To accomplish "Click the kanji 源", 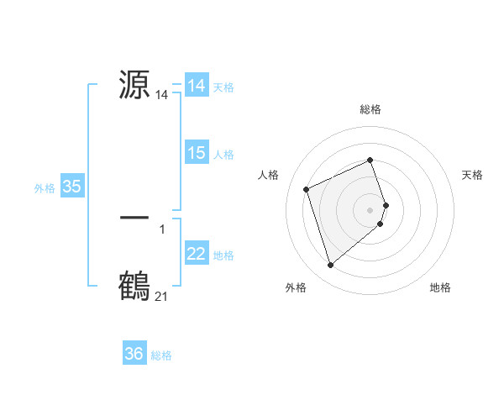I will point(134,85).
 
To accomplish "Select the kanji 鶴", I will point(134,286).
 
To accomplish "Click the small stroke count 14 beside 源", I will point(161,96).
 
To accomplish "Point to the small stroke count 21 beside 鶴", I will point(161,297).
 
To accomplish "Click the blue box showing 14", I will point(197,86).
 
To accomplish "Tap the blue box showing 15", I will point(197,153).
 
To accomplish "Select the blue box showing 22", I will point(197,254).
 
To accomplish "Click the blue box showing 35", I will point(72,187).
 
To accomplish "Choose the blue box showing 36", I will point(134,354).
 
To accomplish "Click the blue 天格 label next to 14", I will point(223,87).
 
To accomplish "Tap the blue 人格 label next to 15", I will point(223,155).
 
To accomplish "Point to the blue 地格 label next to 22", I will point(223,255).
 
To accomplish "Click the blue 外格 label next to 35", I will point(45,188).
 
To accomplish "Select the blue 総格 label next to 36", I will point(161,355).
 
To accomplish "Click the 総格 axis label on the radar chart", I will point(370,109).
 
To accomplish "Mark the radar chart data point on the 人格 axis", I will point(307,189).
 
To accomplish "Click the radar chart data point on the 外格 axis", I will point(330,265).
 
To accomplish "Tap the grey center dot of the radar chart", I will point(370,209).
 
